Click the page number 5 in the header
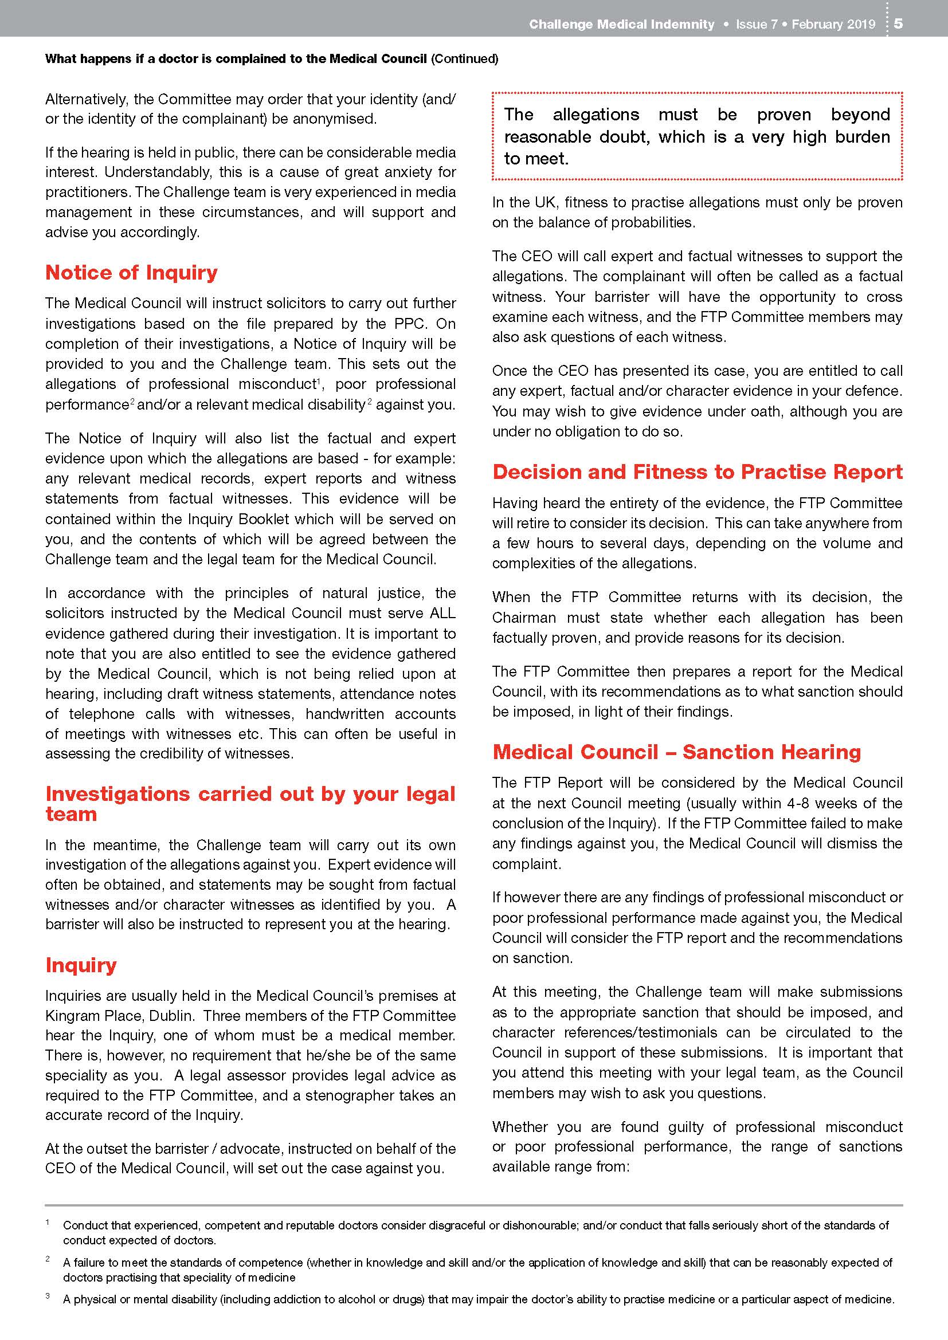pos(898,23)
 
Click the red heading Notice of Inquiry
pos(131,273)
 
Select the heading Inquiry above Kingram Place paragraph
pos(81,965)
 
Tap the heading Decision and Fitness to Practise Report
pos(697,471)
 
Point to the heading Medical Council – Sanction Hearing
pos(676,752)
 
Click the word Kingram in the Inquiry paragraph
pos(68,1016)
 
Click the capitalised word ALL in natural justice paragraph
pos(442,613)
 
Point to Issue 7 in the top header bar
pos(756,24)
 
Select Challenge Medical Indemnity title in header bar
pos(622,24)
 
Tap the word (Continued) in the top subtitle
pos(465,58)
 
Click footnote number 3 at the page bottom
pos(47,1296)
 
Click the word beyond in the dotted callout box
pos(860,115)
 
